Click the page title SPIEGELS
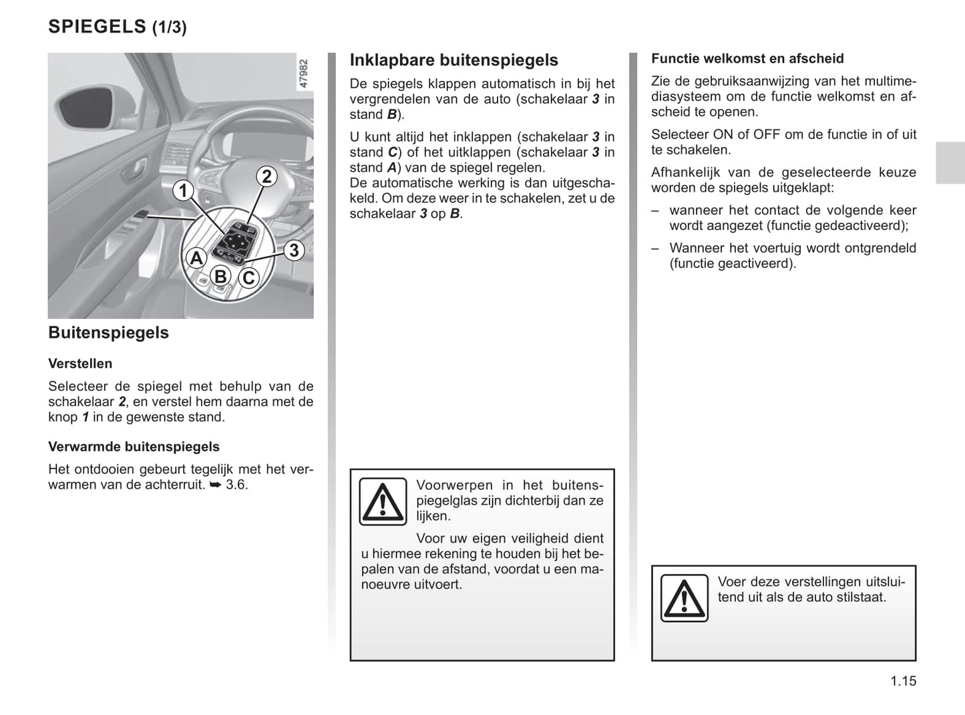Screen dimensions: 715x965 97,27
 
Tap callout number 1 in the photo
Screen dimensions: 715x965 183,191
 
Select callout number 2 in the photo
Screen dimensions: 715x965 266,176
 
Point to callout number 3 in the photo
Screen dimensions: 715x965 293,251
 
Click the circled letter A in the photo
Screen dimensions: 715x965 196,258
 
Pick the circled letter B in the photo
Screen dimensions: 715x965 220,276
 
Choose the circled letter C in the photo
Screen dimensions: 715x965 248,277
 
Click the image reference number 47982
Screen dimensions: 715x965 304,74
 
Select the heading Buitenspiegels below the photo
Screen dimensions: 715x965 108,333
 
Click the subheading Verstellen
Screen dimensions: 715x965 80,364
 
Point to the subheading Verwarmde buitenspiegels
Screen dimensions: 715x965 134,446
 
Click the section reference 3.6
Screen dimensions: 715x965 236,484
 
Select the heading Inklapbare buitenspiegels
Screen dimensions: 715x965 453,60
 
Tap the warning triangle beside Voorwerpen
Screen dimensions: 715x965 383,501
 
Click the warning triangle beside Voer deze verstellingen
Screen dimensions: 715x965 684,597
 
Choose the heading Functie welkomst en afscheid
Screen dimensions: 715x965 747,59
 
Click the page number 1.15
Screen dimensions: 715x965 903,681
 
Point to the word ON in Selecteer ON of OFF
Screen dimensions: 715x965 723,134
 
